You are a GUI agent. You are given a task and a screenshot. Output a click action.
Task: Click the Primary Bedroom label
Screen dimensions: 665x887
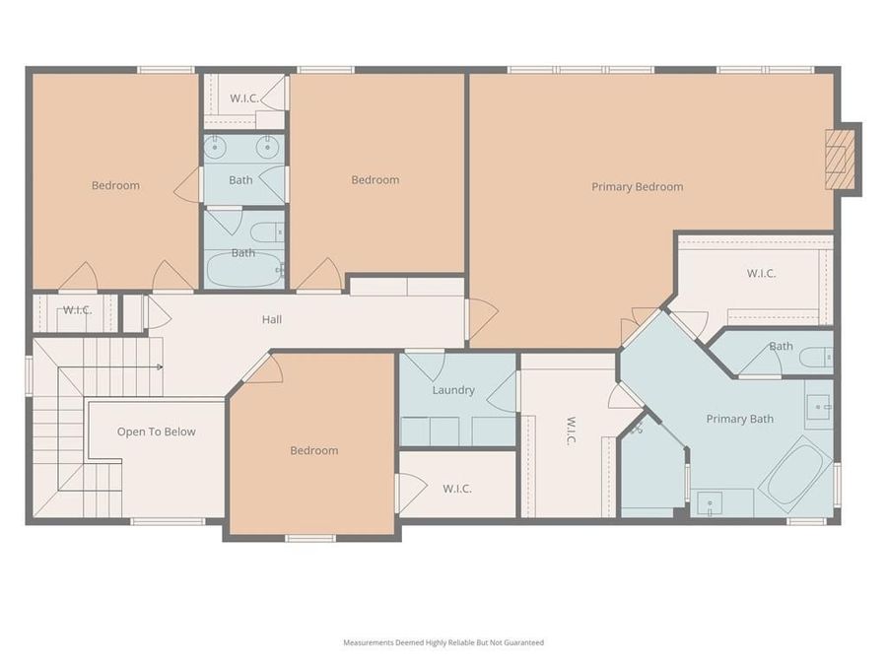click(x=637, y=187)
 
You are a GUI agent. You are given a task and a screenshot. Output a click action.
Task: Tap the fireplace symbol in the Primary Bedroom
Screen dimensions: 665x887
click(x=838, y=159)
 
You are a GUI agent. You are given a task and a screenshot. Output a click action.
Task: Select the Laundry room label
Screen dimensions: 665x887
click(x=453, y=390)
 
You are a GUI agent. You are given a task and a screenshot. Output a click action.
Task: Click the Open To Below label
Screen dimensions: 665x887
click(x=157, y=432)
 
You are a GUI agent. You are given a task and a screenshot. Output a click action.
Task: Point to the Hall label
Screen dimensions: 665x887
click(x=272, y=319)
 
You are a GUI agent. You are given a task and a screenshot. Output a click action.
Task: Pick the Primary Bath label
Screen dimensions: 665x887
click(x=740, y=419)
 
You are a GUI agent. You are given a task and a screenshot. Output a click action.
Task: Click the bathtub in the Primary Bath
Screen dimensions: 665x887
click(x=794, y=474)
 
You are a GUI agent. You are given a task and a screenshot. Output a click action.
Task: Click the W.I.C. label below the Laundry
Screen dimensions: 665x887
click(x=457, y=489)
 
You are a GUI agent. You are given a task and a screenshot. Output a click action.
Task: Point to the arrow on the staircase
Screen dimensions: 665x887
click(x=158, y=366)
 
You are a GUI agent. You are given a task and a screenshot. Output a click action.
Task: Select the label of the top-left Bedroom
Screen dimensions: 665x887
click(x=116, y=185)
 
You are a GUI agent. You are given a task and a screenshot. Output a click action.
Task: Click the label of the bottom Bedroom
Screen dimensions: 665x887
click(x=314, y=450)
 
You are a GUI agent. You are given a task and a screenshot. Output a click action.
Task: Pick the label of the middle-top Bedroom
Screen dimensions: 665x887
click(x=375, y=179)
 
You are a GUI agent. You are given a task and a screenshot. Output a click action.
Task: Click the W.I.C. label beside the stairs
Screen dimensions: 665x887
click(x=77, y=310)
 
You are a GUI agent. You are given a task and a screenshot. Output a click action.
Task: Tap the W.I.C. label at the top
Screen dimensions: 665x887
click(x=244, y=98)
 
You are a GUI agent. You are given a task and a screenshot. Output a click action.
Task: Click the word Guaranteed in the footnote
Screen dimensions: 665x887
click(x=522, y=642)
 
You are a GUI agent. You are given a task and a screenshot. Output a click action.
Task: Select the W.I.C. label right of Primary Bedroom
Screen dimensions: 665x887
click(x=761, y=273)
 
